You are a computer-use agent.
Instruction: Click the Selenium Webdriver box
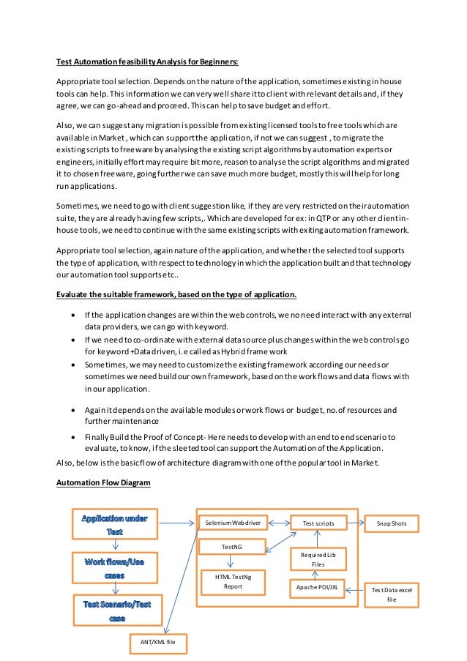233,523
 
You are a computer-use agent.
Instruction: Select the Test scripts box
318,523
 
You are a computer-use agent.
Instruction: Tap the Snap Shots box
392,523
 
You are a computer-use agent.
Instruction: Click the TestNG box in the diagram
233,547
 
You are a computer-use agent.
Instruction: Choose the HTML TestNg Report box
233,582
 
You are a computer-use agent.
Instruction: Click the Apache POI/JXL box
317,586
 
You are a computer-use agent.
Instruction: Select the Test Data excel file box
392,594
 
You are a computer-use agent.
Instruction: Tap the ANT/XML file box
157,642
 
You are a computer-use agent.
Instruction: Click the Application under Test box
114,524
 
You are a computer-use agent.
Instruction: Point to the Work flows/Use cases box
114,568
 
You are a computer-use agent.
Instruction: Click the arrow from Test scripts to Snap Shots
355,523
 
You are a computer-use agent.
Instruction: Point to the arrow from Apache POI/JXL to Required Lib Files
316,575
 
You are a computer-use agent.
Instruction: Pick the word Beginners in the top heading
216,61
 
